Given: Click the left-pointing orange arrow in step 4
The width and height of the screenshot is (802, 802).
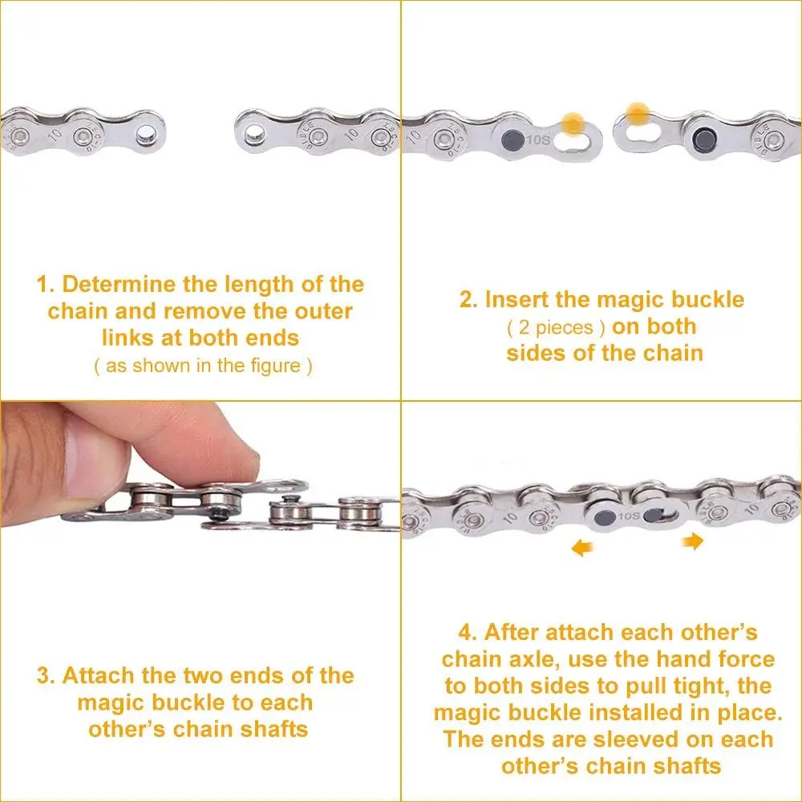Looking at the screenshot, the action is tap(581, 549).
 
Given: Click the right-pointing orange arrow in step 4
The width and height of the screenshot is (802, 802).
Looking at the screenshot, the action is tap(693, 541).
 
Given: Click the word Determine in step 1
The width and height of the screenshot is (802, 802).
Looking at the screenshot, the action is tap(119, 285).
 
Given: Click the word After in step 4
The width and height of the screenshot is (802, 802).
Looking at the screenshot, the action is tap(512, 633).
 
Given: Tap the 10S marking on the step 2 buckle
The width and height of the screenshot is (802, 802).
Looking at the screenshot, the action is tap(537, 139).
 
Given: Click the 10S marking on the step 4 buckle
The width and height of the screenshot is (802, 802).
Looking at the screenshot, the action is tap(628, 516).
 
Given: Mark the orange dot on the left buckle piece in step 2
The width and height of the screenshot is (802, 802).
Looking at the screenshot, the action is tap(573, 124).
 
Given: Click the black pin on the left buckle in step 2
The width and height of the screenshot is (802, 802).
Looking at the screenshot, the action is tap(512, 139).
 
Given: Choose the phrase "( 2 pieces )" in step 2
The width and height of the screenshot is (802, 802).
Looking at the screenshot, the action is tap(556, 328).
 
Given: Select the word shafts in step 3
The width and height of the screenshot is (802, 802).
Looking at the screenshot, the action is tap(274, 729).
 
